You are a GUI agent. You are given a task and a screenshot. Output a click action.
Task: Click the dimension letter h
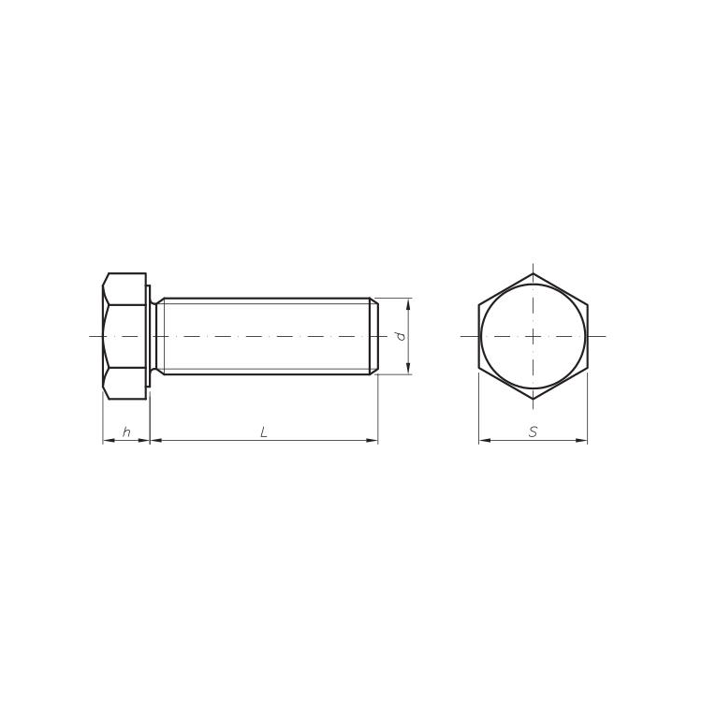coord(126,432)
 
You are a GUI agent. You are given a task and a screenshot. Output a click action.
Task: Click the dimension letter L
coord(264,432)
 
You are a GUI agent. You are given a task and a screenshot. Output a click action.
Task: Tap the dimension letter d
coord(401,336)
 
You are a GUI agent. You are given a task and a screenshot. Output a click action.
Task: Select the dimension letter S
coord(533,432)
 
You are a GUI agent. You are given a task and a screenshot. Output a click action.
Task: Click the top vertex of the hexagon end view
coord(533,273)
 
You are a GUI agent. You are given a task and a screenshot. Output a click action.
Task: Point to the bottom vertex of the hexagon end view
coord(533,399)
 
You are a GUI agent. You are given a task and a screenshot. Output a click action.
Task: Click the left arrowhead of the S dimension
coord(485,441)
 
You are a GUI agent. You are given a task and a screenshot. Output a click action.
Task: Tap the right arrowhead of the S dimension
coord(581,441)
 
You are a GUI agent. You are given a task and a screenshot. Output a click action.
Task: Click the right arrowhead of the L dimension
coord(372,441)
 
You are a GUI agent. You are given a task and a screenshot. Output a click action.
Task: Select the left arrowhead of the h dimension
coord(109,441)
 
